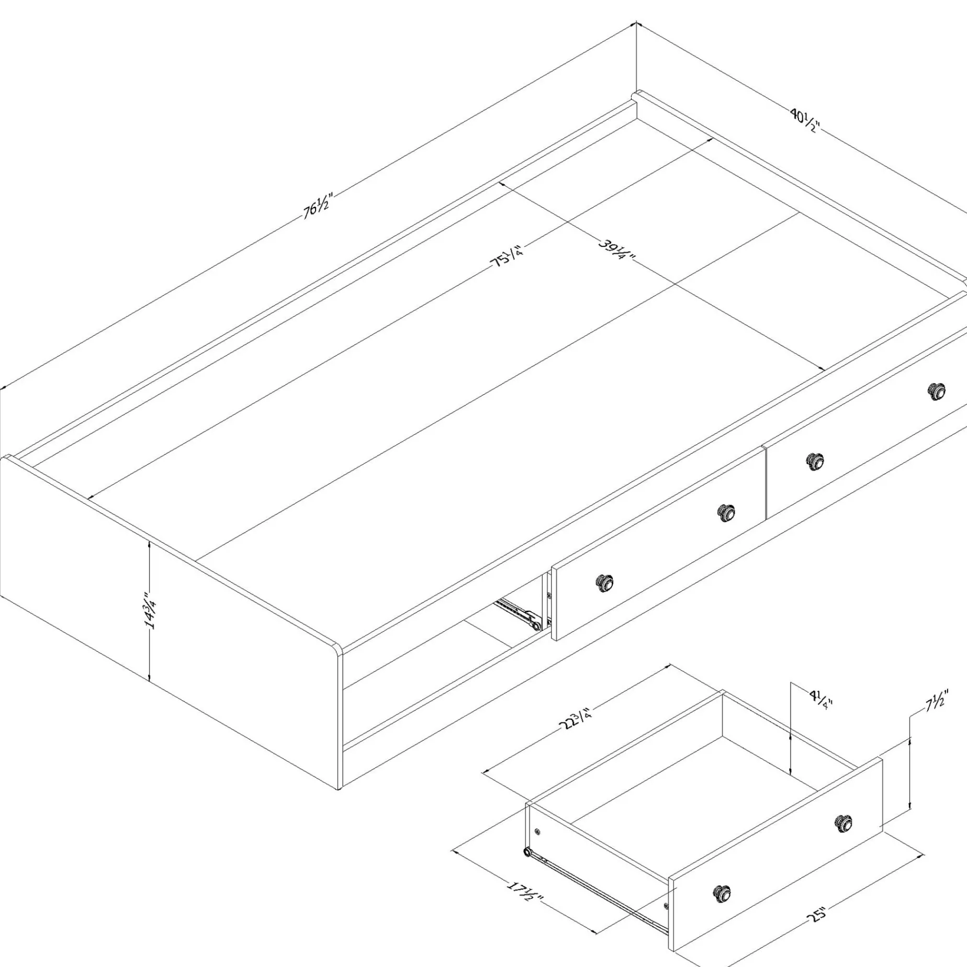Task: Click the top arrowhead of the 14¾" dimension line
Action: click(150, 543)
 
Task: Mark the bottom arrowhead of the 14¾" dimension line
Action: click(150, 681)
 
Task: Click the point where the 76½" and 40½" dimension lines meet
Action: click(636, 23)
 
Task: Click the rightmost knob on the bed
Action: click(937, 391)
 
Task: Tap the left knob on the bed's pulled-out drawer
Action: click(605, 582)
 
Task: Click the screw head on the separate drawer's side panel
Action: click(537, 831)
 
